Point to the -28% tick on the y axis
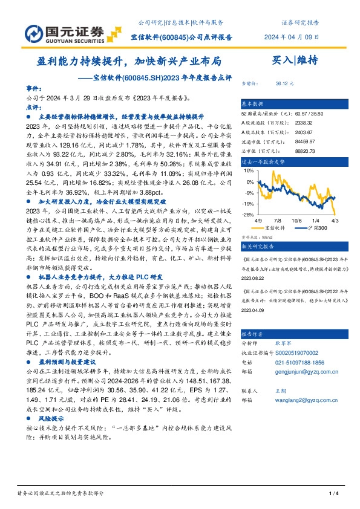[x=248, y=214]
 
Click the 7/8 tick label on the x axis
[x=278, y=221]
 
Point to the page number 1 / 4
[x=332, y=494]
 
